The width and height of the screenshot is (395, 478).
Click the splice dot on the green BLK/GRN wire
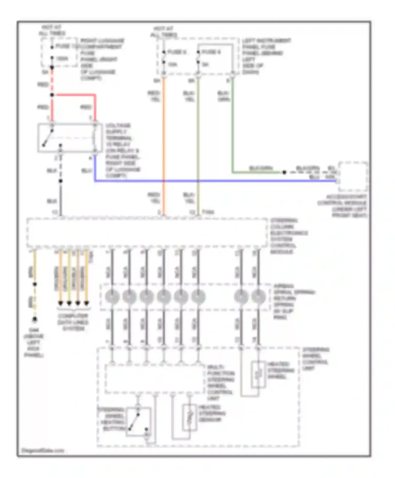284,172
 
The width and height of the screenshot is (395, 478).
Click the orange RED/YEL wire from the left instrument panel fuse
164,145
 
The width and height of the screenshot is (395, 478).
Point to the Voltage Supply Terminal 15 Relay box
70,138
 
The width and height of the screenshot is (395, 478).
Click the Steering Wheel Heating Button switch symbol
138,422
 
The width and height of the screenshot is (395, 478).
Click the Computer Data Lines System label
73,322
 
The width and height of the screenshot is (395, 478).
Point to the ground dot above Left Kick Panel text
35,320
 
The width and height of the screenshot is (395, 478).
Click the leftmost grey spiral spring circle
112,296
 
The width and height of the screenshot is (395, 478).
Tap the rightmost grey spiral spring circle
258,296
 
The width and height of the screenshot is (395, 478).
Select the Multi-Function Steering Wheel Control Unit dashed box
155,379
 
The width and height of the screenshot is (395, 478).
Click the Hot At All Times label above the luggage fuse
52,30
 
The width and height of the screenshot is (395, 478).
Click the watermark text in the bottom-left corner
43,451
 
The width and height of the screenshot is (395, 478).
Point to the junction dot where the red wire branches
52,95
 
